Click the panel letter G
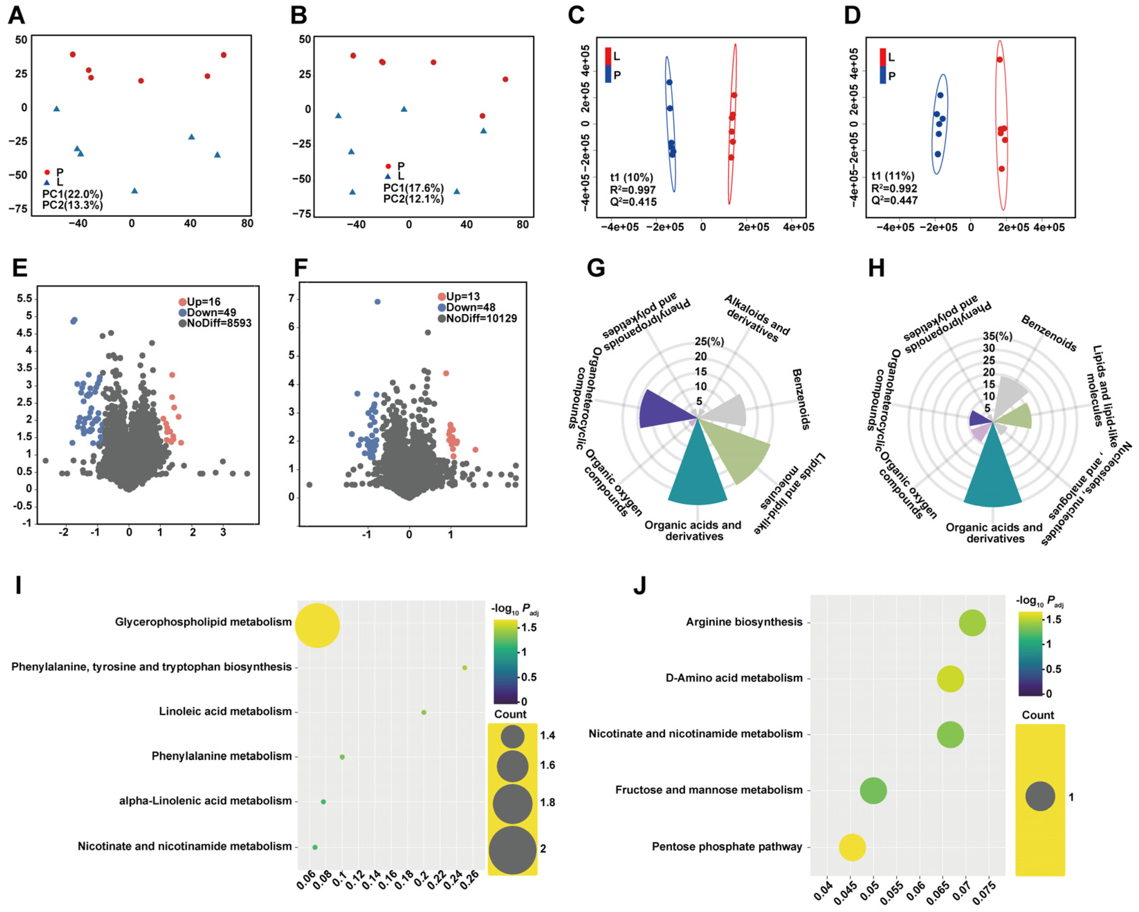pyautogui.click(x=596, y=268)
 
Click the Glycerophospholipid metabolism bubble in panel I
pyautogui.click(x=317, y=625)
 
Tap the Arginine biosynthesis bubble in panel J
pyautogui.click(x=972, y=623)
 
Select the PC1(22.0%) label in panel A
pyautogui.click(x=72, y=194)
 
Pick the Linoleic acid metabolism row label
pyautogui.click(x=226, y=712)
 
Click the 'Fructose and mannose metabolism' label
pyautogui.click(x=709, y=790)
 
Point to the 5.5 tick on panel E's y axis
pyautogui.click(x=24, y=299)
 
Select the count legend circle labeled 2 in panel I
pyautogui.click(x=512, y=850)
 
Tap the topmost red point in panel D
pyautogui.click(x=1000, y=59)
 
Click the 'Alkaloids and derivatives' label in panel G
pyautogui.click(x=757, y=319)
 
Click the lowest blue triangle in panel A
pyautogui.click(x=134, y=190)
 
